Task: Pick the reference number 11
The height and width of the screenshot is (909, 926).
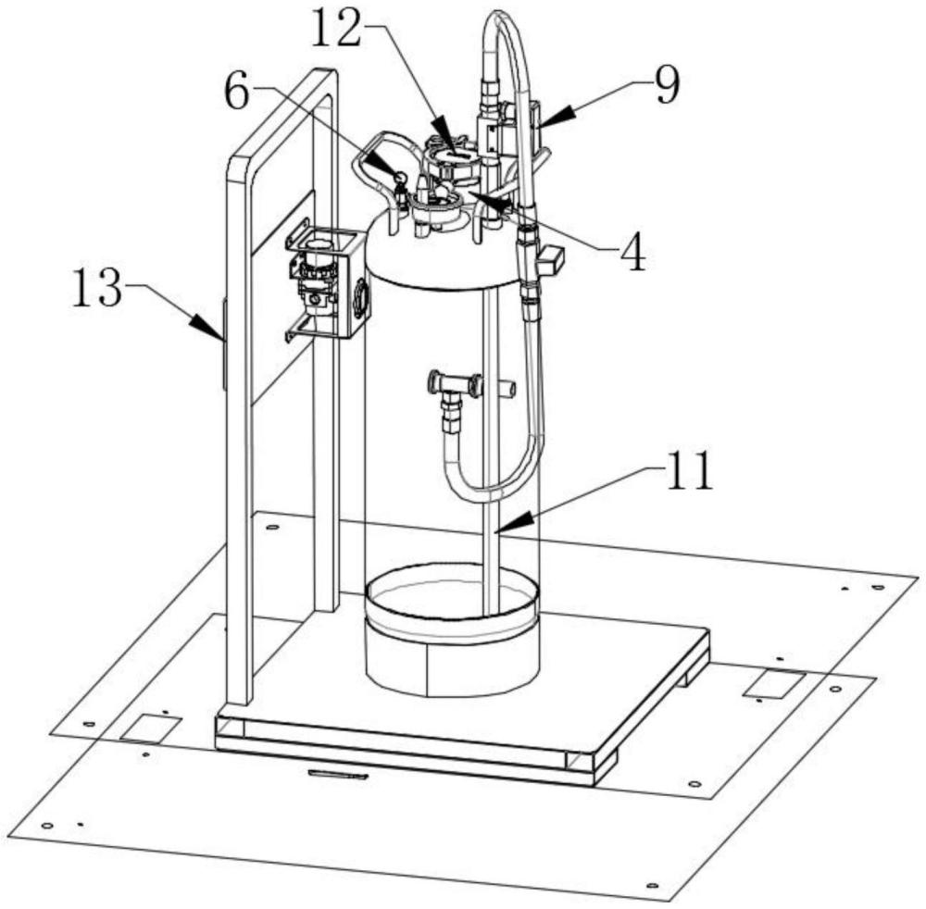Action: click(688, 472)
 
